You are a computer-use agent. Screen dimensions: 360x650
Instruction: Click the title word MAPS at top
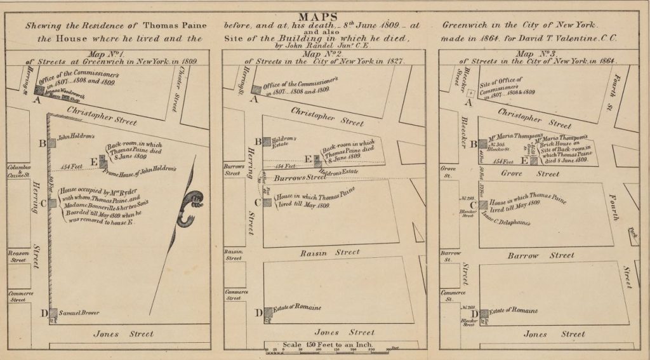tap(324, 15)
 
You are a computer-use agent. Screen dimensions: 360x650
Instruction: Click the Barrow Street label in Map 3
tap(541, 256)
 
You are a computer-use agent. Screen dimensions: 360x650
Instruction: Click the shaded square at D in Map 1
tap(52, 313)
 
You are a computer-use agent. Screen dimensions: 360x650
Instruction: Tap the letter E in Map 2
tap(308, 159)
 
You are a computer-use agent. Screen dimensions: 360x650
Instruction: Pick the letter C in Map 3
tap(474, 204)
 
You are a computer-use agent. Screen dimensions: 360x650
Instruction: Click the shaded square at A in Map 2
tap(256, 90)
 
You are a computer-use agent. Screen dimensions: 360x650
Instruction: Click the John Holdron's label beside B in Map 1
tap(76, 137)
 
